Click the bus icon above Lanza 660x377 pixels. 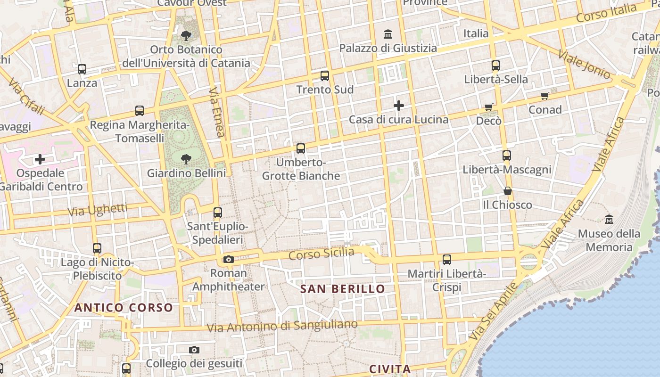[x=82, y=69]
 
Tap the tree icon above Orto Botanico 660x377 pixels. [x=186, y=35]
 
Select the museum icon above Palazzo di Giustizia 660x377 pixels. [x=388, y=34]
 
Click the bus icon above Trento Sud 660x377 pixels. [x=325, y=75]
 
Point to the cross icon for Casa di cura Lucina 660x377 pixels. [x=399, y=106]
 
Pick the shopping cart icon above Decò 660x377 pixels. [x=489, y=107]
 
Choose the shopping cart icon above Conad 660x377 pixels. [x=545, y=96]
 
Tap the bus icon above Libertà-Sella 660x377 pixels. [x=496, y=66]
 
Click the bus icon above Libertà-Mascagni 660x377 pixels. [x=507, y=155]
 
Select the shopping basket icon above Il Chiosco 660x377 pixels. [x=508, y=191]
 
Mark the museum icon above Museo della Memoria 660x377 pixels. [x=609, y=220]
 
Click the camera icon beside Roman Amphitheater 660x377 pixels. [x=229, y=259]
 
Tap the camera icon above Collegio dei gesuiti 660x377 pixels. [x=194, y=350]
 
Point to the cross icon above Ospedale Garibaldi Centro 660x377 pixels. [x=40, y=159]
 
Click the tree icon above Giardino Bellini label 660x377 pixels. [x=186, y=159]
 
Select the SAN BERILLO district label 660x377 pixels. [x=343, y=289]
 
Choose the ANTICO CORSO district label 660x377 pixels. [x=124, y=308]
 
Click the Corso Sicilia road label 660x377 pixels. [x=321, y=254]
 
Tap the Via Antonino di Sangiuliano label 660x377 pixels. [x=282, y=326]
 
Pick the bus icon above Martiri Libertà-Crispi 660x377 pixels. [x=447, y=259]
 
